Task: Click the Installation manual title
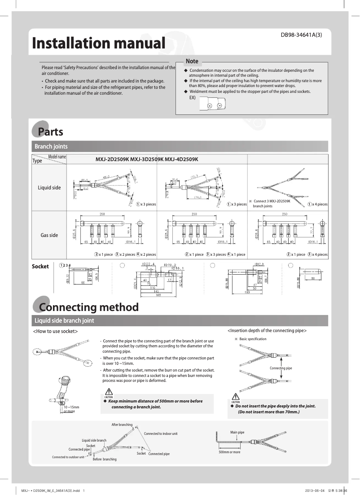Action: (98, 44)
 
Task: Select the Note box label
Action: (192, 61)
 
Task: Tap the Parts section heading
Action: (50, 132)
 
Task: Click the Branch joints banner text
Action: (51, 147)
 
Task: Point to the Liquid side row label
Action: (49, 188)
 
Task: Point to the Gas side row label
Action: (49, 235)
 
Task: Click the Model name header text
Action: (57, 157)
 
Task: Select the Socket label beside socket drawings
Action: (40, 267)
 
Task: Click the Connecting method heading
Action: (89, 307)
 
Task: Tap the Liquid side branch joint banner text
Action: (64, 320)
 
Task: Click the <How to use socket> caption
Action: (56, 331)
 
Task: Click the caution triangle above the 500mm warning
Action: (109, 392)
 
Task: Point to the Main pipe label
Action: (237, 432)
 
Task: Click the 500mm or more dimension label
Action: (229, 452)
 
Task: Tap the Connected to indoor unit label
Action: (161, 434)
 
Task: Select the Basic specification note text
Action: (253, 339)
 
